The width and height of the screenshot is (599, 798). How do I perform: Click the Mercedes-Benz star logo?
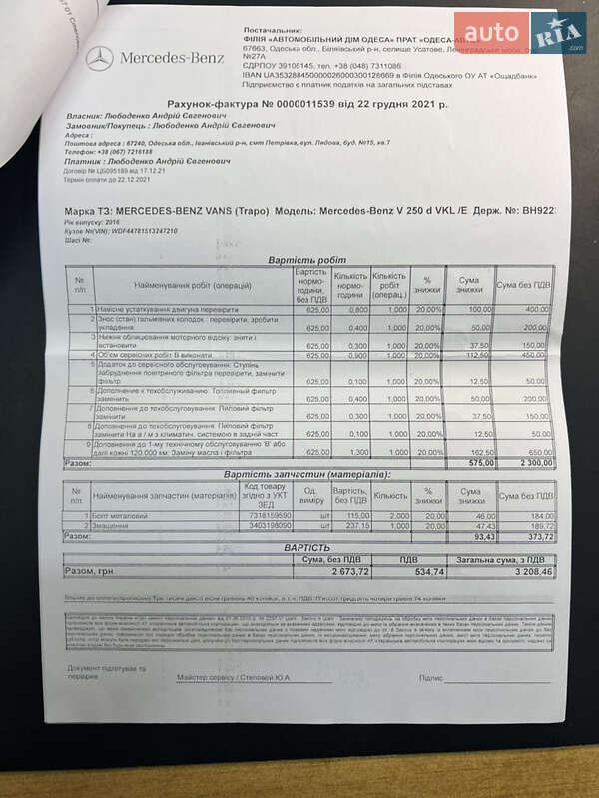pos(99,59)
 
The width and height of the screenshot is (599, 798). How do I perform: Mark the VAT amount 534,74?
pos(427,571)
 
